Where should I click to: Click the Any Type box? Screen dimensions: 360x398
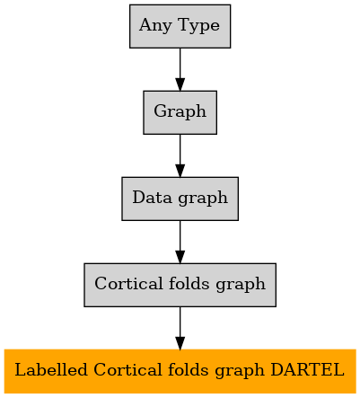[180, 26]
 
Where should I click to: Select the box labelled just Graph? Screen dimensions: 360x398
[180, 112]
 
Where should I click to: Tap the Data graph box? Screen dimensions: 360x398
[180, 199]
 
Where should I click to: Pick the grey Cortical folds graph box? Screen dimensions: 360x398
[180, 285]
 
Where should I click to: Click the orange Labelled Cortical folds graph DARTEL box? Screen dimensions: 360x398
[180, 371]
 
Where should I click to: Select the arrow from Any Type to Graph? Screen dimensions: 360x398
[180, 69]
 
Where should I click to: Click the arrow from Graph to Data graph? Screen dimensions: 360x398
[180, 155]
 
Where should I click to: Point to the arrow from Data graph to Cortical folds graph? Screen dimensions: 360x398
[180, 242]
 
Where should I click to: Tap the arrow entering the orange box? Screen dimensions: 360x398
[180, 328]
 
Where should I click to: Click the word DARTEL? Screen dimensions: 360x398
[307, 370]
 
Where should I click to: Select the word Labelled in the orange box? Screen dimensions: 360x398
[51, 369]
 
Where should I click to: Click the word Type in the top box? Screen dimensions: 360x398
[198, 26]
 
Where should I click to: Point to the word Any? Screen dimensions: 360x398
[155, 26]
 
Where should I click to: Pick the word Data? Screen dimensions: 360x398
[153, 198]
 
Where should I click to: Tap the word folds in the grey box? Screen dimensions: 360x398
[189, 283]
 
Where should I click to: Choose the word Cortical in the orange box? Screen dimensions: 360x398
[127, 369]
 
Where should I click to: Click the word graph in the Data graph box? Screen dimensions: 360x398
[203, 199]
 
